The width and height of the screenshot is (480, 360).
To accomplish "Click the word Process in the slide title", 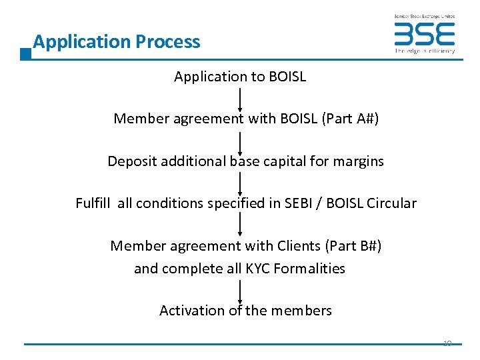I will [167, 42].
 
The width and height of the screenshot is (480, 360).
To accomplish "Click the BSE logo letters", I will [424, 34].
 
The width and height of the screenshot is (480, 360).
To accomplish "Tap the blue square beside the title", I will [26, 54].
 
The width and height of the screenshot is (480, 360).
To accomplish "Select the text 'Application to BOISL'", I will [240, 77].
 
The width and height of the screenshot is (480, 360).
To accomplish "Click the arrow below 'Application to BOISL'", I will [240, 98].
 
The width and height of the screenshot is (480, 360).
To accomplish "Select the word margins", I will [361, 161].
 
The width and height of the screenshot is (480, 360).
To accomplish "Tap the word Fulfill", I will [95, 203].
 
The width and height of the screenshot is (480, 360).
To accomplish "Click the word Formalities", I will [313, 269].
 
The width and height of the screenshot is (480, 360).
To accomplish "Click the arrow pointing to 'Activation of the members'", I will [240, 291].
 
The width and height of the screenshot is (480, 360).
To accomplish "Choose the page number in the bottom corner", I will [447, 343].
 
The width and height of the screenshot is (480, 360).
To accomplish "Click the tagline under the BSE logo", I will [425, 51].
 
